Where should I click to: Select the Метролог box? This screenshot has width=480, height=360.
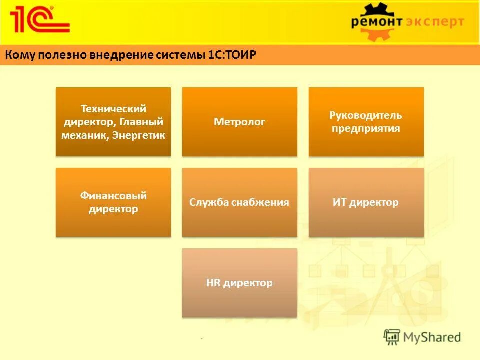[239, 122]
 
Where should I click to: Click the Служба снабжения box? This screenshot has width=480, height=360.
[239, 202]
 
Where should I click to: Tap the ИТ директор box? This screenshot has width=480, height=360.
[366, 202]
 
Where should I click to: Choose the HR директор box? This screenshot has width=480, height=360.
[239, 283]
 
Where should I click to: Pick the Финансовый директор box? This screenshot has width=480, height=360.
[113, 202]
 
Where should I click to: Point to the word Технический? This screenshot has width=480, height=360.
[113, 108]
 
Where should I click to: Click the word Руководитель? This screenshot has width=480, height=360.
[366, 115]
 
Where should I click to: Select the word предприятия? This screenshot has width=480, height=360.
[366, 129]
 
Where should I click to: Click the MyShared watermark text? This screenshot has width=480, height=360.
[433, 337]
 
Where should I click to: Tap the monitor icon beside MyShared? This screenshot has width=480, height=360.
[392, 337]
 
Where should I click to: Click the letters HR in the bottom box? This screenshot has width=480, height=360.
[213, 283]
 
